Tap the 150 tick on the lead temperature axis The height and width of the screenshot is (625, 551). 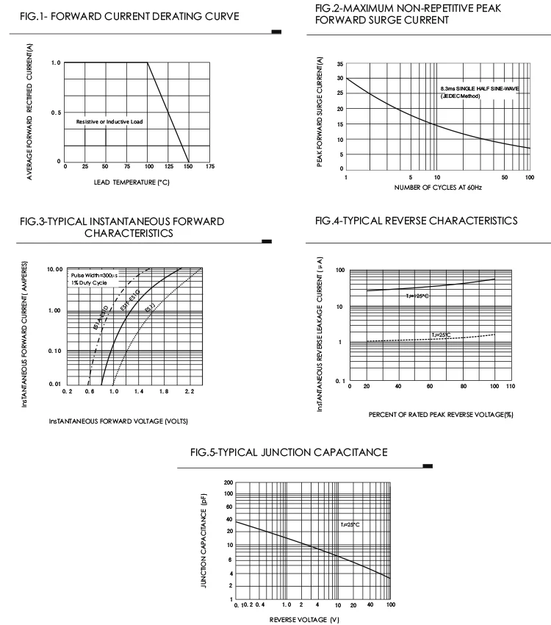pos(189,168)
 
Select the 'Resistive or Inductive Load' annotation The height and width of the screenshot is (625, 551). pos(109,121)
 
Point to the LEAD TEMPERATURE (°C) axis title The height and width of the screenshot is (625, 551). pos(132,182)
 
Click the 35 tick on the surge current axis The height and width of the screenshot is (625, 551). pos(341,64)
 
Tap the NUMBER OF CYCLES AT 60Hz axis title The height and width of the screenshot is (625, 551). pos(438,187)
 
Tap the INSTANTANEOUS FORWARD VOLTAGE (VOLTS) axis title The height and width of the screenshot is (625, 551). pos(118,421)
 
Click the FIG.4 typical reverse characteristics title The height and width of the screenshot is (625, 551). pos(416,221)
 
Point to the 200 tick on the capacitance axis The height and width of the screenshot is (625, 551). pos(228,483)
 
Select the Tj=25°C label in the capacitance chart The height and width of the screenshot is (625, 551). pos(350,525)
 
